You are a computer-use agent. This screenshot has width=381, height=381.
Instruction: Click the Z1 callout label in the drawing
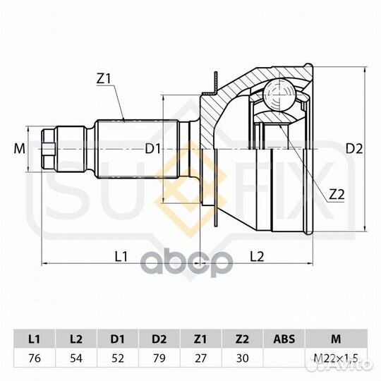point(104,79)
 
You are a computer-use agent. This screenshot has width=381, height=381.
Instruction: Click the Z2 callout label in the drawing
point(337,195)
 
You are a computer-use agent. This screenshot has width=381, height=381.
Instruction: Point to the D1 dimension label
point(152,149)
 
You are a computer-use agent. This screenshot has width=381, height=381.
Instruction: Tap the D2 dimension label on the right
point(354,149)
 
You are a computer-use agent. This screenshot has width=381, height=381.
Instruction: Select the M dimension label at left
point(20,149)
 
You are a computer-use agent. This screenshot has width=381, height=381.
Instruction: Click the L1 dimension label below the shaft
point(121,256)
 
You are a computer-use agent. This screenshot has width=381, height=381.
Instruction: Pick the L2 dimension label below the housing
point(257,256)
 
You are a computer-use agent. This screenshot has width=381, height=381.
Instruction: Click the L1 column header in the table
point(35,339)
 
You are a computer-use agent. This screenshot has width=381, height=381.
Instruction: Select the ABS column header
point(284,339)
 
